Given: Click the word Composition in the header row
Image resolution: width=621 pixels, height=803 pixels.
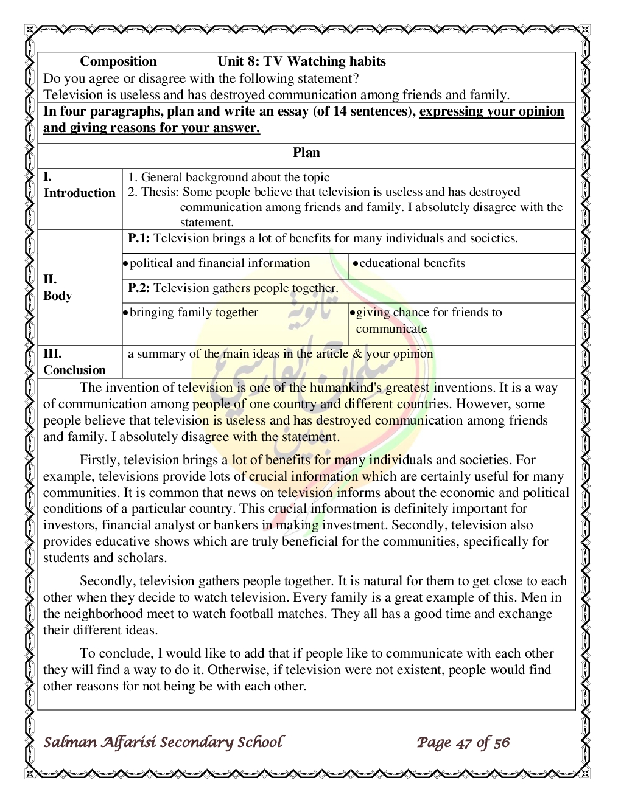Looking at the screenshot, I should (118, 61).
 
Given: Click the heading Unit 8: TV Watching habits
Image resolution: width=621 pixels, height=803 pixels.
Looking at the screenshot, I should (301, 61).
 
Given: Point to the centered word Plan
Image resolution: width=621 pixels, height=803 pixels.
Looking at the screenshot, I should (306, 153).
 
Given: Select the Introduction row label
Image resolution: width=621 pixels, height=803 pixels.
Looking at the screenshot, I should (79, 193).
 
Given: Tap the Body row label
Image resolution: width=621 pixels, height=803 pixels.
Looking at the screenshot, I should (58, 296).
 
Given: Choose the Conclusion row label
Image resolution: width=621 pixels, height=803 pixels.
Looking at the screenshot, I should (74, 370).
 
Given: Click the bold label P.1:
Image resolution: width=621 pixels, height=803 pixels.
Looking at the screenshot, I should (139, 238).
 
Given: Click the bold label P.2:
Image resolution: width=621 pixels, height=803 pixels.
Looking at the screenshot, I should (139, 288).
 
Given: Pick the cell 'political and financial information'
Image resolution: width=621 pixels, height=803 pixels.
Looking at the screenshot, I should (220, 263).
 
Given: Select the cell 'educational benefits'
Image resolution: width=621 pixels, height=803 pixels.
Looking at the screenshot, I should (412, 263).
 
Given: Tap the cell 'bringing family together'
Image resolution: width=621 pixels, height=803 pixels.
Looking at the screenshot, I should (194, 313).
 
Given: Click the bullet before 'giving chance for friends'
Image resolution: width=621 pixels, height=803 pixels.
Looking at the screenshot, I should (353, 313).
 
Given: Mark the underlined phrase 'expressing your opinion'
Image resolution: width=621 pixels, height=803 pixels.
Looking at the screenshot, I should (491, 111).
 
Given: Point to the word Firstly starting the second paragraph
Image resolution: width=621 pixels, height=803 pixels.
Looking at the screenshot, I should (99, 460).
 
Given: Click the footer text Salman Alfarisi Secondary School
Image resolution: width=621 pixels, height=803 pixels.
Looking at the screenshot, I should (163, 742).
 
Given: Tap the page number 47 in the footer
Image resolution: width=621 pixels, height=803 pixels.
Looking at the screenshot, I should (464, 743).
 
